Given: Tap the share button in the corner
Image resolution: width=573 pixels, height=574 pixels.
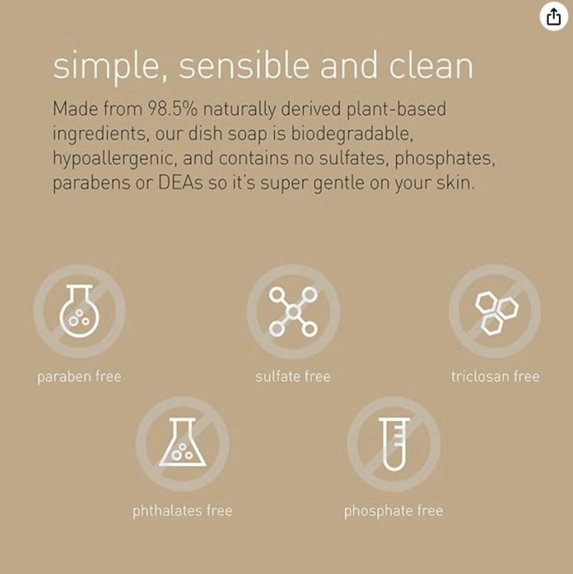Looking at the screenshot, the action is (x=554, y=17).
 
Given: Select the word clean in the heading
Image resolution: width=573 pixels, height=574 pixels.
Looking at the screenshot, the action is (x=431, y=65).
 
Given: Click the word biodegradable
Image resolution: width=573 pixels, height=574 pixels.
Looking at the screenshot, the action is (x=352, y=133).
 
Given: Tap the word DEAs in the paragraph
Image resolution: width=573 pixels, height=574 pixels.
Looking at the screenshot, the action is (x=180, y=183).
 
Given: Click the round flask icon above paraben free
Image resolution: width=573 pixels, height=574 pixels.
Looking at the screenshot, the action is (x=80, y=311).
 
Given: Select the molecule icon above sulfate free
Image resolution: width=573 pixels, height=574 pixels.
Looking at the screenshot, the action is (x=293, y=312).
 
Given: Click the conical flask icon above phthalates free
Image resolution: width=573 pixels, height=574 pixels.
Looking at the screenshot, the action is (x=182, y=443).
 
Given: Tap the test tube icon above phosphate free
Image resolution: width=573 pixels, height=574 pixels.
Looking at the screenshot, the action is (x=394, y=443).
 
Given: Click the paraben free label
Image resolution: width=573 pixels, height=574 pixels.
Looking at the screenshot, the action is (x=79, y=377).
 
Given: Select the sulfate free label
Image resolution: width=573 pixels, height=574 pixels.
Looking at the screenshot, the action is (x=293, y=377).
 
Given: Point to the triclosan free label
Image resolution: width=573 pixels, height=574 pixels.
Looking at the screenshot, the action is (x=495, y=377).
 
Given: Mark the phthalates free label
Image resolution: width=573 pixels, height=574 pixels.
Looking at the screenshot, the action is (x=182, y=511).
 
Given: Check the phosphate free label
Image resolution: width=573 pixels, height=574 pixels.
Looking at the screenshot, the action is (x=394, y=511).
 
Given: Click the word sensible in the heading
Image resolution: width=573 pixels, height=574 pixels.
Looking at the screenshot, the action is (x=244, y=65).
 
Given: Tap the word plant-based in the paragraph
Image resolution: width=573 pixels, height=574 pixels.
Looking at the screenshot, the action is (x=396, y=110).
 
